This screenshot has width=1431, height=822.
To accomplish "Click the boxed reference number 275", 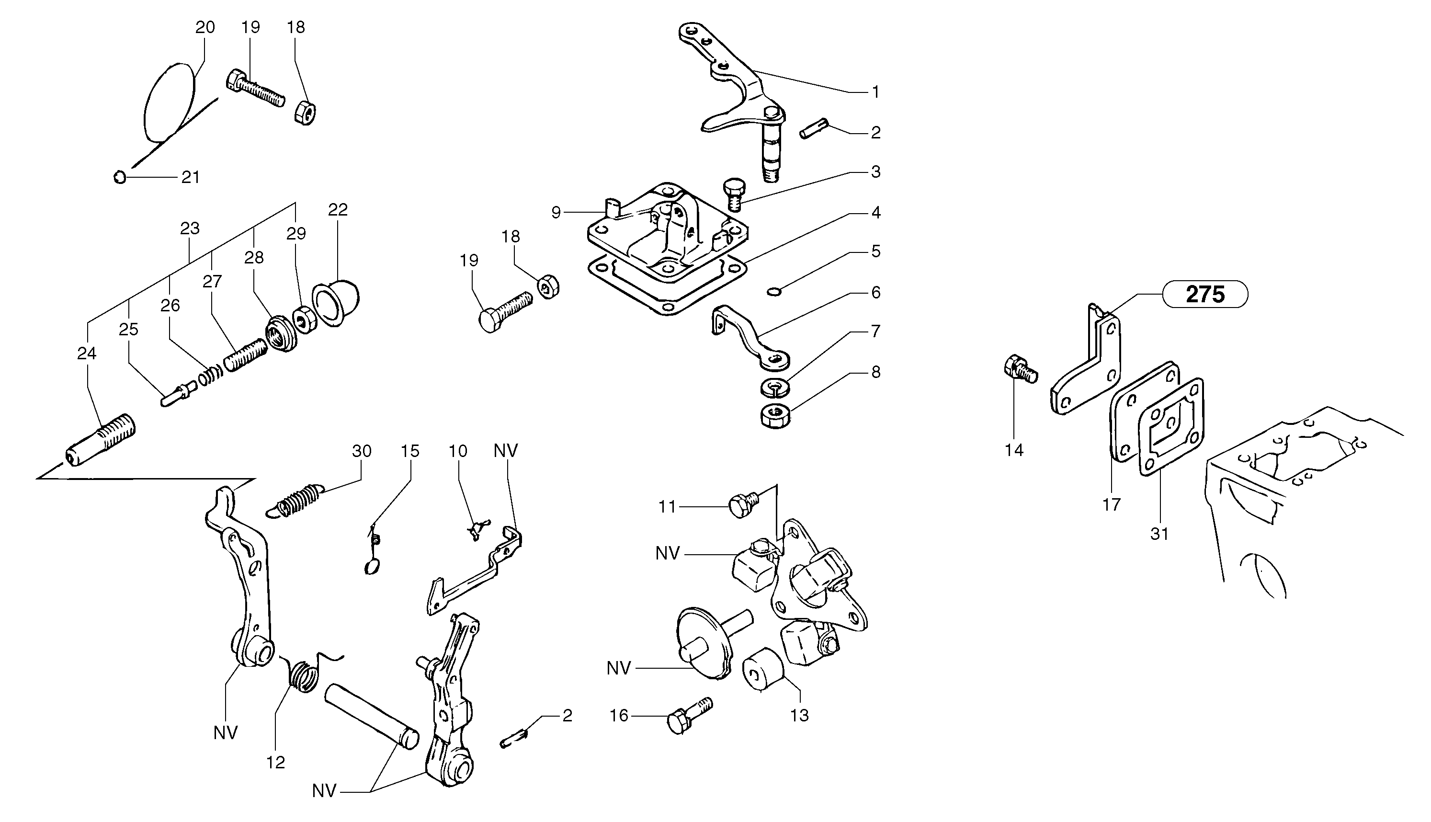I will click(1205, 294).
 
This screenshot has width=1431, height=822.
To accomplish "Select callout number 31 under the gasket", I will click(1159, 534).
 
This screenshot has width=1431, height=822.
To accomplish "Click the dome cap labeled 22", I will click(339, 304).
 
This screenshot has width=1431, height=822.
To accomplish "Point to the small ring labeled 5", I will click(775, 291).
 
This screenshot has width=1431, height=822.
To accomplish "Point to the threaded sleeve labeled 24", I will click(101, 440).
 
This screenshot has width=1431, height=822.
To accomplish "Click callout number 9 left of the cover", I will click(556, 212).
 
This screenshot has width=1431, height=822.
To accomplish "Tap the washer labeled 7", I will click(775, 387).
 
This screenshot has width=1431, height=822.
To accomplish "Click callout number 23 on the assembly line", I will click(190, 228).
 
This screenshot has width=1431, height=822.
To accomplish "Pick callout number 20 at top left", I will click(205, 27).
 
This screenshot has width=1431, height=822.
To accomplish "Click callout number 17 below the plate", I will click(1111, 504).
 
